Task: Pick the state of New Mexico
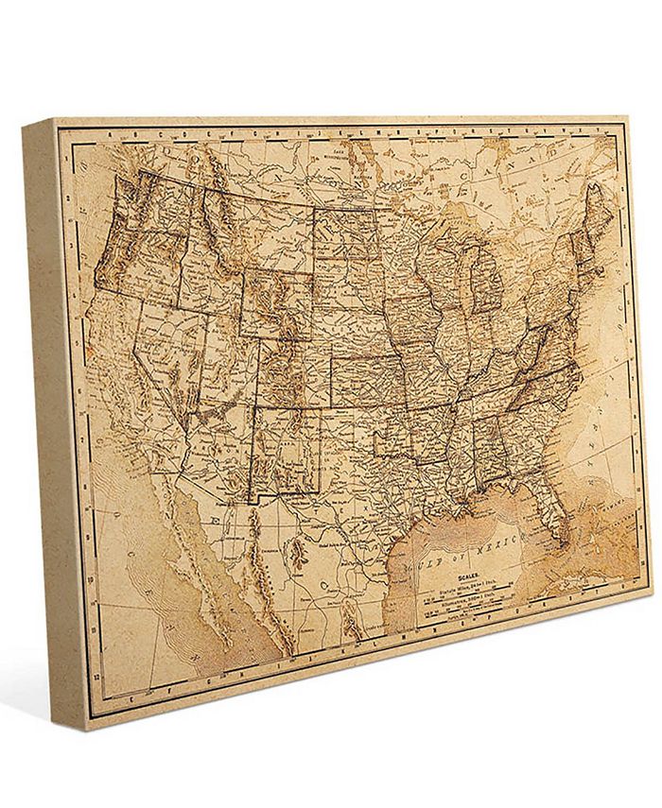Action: (283, 448)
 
